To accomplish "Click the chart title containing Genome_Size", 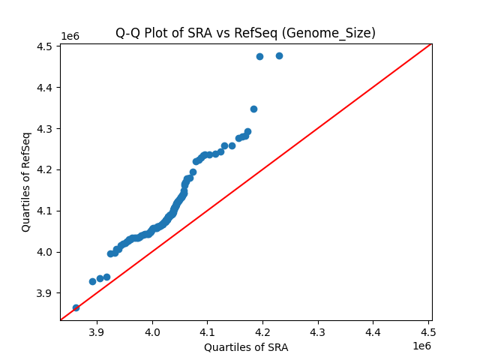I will click(245, 33).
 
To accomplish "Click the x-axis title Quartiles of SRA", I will click(245, 347).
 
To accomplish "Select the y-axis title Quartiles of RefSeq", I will click(26, 181).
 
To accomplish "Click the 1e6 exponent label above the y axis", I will click(70, 36).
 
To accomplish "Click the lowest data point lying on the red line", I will click(76, 307).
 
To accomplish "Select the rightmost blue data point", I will click(279, 55).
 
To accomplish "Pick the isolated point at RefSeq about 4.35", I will click(253, 109).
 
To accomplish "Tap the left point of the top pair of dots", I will click(259, 56).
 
